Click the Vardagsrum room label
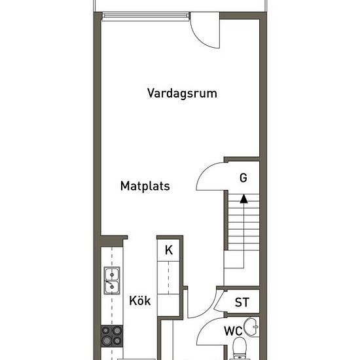(182, 94)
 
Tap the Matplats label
(145, 186)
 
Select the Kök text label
(140, 300)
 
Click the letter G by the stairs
(243, 177)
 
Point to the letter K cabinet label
(169, 250)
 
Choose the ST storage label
(242, 302)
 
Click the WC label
(233, 331)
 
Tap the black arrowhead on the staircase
(243, 199)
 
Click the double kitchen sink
(112, 280)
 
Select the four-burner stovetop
(112, 336)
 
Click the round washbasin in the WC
(251, 327)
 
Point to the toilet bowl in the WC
(240, 347)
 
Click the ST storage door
(218, 300)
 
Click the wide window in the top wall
(146, 16)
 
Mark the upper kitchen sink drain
(112, 275)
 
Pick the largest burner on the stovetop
(107, 340)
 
